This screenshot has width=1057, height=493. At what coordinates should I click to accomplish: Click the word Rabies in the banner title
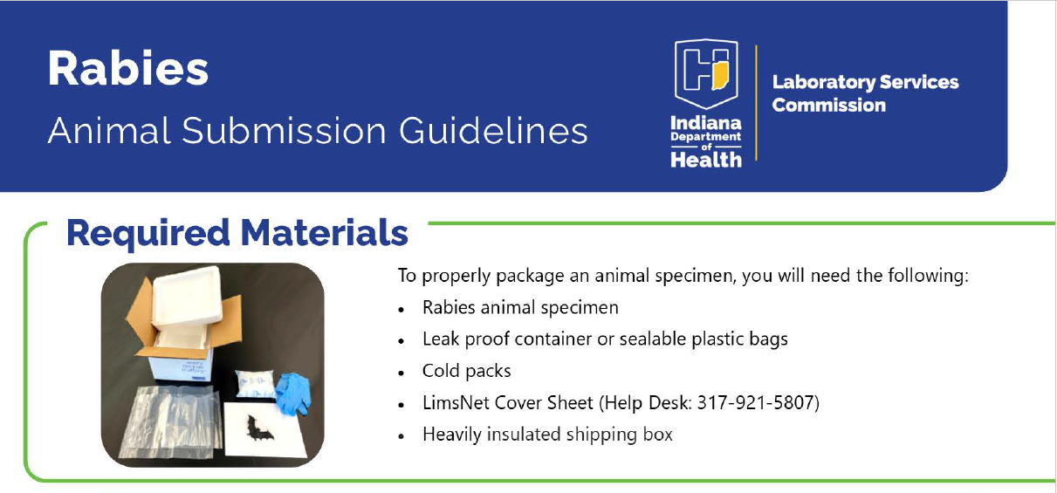[x=128, y=68]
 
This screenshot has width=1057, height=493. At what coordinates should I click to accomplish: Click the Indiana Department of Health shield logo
[x=706, y=73]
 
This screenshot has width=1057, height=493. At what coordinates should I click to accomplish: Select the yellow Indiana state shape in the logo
[x=720, y=76]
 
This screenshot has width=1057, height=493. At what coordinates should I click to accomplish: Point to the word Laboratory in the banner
[x=823, y=83]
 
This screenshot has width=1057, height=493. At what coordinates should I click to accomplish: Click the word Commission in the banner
[x=828, y=106]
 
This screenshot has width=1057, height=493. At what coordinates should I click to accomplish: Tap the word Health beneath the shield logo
[x=706, y=160]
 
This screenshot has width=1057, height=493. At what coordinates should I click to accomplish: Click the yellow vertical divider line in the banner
[x=756, y=103]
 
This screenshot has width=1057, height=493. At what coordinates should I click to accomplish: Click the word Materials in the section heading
[x=324, y=233]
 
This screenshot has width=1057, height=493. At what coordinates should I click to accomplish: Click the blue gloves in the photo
[x=293, y=393]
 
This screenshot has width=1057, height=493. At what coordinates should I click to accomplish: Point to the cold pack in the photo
[x=255, y=384]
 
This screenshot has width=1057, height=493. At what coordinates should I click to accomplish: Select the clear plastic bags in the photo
[x=170, y=422]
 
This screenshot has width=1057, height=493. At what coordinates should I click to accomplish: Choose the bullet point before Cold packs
[x=402, y=373]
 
